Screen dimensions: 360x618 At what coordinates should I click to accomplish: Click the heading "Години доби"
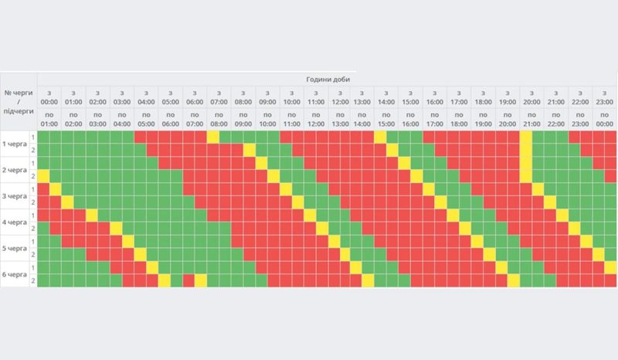(x=327, y=79)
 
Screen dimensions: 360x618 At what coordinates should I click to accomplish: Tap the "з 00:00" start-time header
(x=49, y=97)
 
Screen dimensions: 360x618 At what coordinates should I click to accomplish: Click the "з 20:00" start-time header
(x=531, y=97)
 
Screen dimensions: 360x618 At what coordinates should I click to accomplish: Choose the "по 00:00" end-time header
(x=605, y=119)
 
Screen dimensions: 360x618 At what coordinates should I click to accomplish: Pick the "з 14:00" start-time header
(x=386, y=97)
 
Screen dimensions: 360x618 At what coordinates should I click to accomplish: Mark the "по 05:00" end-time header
(x=146, y=119)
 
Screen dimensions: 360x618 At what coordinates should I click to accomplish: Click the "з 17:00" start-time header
(x=459, y=97)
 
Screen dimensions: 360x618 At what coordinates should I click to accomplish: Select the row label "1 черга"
(x=15, y=144)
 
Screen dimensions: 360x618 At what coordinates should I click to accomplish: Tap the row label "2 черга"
(x=15, y=170)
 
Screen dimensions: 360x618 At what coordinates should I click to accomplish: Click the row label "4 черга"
(x=15, y=222)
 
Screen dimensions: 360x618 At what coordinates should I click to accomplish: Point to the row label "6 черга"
(x=15, y=275)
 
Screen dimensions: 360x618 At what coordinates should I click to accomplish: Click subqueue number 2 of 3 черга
(x=33, y=202)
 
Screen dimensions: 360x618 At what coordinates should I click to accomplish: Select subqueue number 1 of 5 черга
(x=33, y=242)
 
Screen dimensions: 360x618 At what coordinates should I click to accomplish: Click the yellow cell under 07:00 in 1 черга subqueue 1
(x=212, y=137)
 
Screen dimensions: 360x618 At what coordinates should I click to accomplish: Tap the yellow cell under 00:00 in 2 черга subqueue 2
(x=43, y=176)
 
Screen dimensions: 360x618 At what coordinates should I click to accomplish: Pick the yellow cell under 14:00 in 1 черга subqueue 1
(x=380, y=137)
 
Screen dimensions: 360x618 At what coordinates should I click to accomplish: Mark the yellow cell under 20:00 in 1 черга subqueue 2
(x=525, y=150)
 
